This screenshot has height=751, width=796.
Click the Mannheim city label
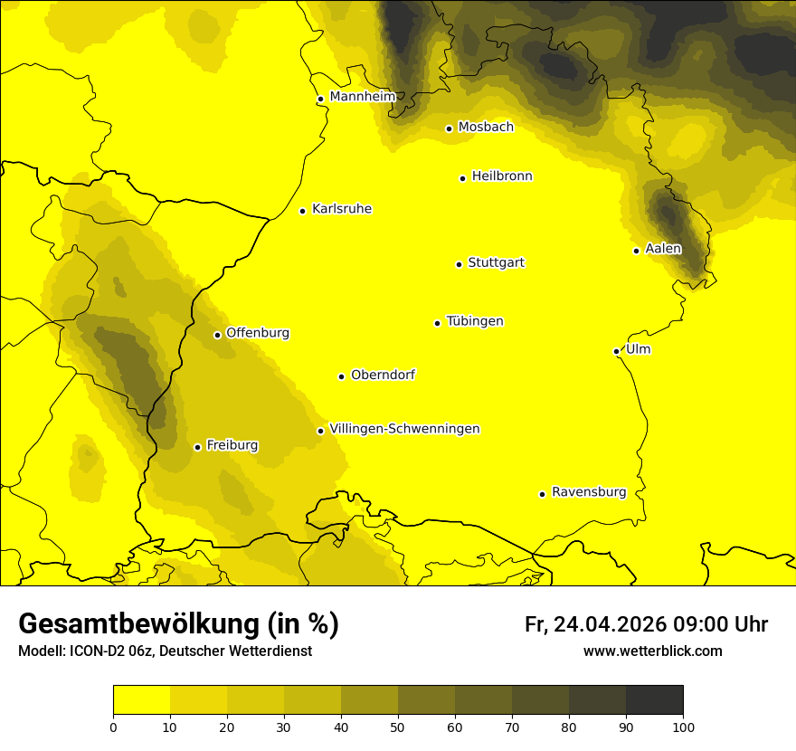[x=362, y=97]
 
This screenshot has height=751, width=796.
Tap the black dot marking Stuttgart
[x=459, y=264]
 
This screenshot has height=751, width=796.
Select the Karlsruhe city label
[x=341, y=209]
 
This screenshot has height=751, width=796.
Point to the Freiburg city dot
[x=197, y=447]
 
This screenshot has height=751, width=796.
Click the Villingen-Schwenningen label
[x=404, y=429]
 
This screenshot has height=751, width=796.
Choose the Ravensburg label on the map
[x=588, y=492]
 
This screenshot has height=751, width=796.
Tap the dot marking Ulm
[x=616, y=351]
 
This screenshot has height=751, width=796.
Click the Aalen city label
[x=663, y=249]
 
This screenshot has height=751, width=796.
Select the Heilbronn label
[x=502, y=176]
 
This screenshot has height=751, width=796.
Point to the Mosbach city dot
[x=449, y=128]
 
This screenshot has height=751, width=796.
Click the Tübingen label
[x=475, y=321]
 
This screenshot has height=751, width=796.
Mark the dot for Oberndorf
[x=341, y=376]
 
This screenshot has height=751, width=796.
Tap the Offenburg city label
[x=258, y=333]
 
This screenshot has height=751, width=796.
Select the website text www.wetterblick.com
[x=652, y=651]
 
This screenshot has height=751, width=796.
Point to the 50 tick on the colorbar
[x=398, y=727]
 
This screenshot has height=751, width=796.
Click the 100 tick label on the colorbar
[x=683, y=727]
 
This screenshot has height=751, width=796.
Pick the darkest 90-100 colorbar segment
[x=654, y=700]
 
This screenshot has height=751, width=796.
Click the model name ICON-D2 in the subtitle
[x=95, y=651]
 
